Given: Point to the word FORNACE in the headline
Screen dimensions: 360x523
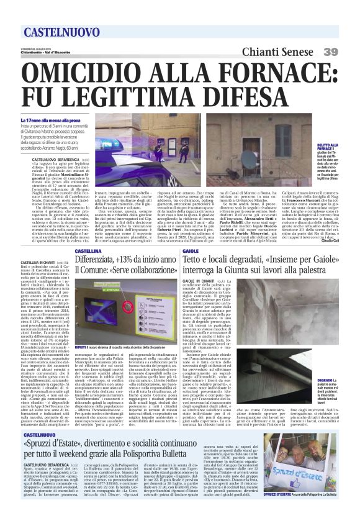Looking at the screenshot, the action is (x=281, y=73).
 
